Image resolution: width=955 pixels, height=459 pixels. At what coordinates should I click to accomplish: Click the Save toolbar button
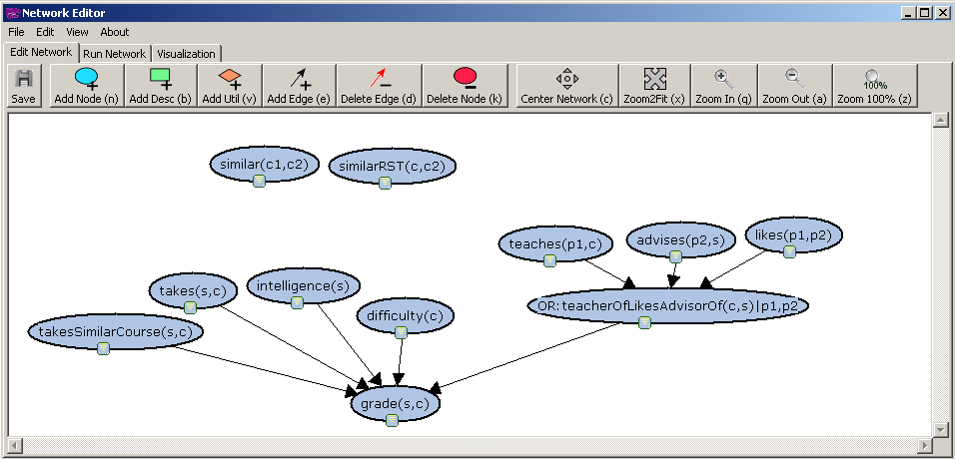24,87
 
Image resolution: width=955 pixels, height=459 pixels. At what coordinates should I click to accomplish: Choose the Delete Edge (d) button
379,87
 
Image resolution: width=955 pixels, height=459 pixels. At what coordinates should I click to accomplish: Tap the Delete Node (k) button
465,87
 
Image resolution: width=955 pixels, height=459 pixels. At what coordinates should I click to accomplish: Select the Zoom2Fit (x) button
654,87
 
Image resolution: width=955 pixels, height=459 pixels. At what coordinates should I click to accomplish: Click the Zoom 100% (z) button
874,87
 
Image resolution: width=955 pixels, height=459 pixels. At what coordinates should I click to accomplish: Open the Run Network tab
114,53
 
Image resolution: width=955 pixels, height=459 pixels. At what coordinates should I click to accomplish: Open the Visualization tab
186,53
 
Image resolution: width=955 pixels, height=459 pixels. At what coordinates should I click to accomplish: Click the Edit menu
45,32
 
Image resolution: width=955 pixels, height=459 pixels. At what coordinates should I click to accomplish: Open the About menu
115,32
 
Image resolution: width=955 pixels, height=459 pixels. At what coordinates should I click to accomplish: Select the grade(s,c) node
395,402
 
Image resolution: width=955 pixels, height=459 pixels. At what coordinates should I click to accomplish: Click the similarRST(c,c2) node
392,166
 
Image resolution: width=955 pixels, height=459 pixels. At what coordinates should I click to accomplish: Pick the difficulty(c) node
405,316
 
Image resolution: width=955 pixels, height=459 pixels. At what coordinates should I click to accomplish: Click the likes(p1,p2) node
794,234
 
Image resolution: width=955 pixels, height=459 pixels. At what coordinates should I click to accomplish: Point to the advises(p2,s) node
675,239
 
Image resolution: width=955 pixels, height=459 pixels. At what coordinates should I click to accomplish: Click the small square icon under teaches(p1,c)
549,260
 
